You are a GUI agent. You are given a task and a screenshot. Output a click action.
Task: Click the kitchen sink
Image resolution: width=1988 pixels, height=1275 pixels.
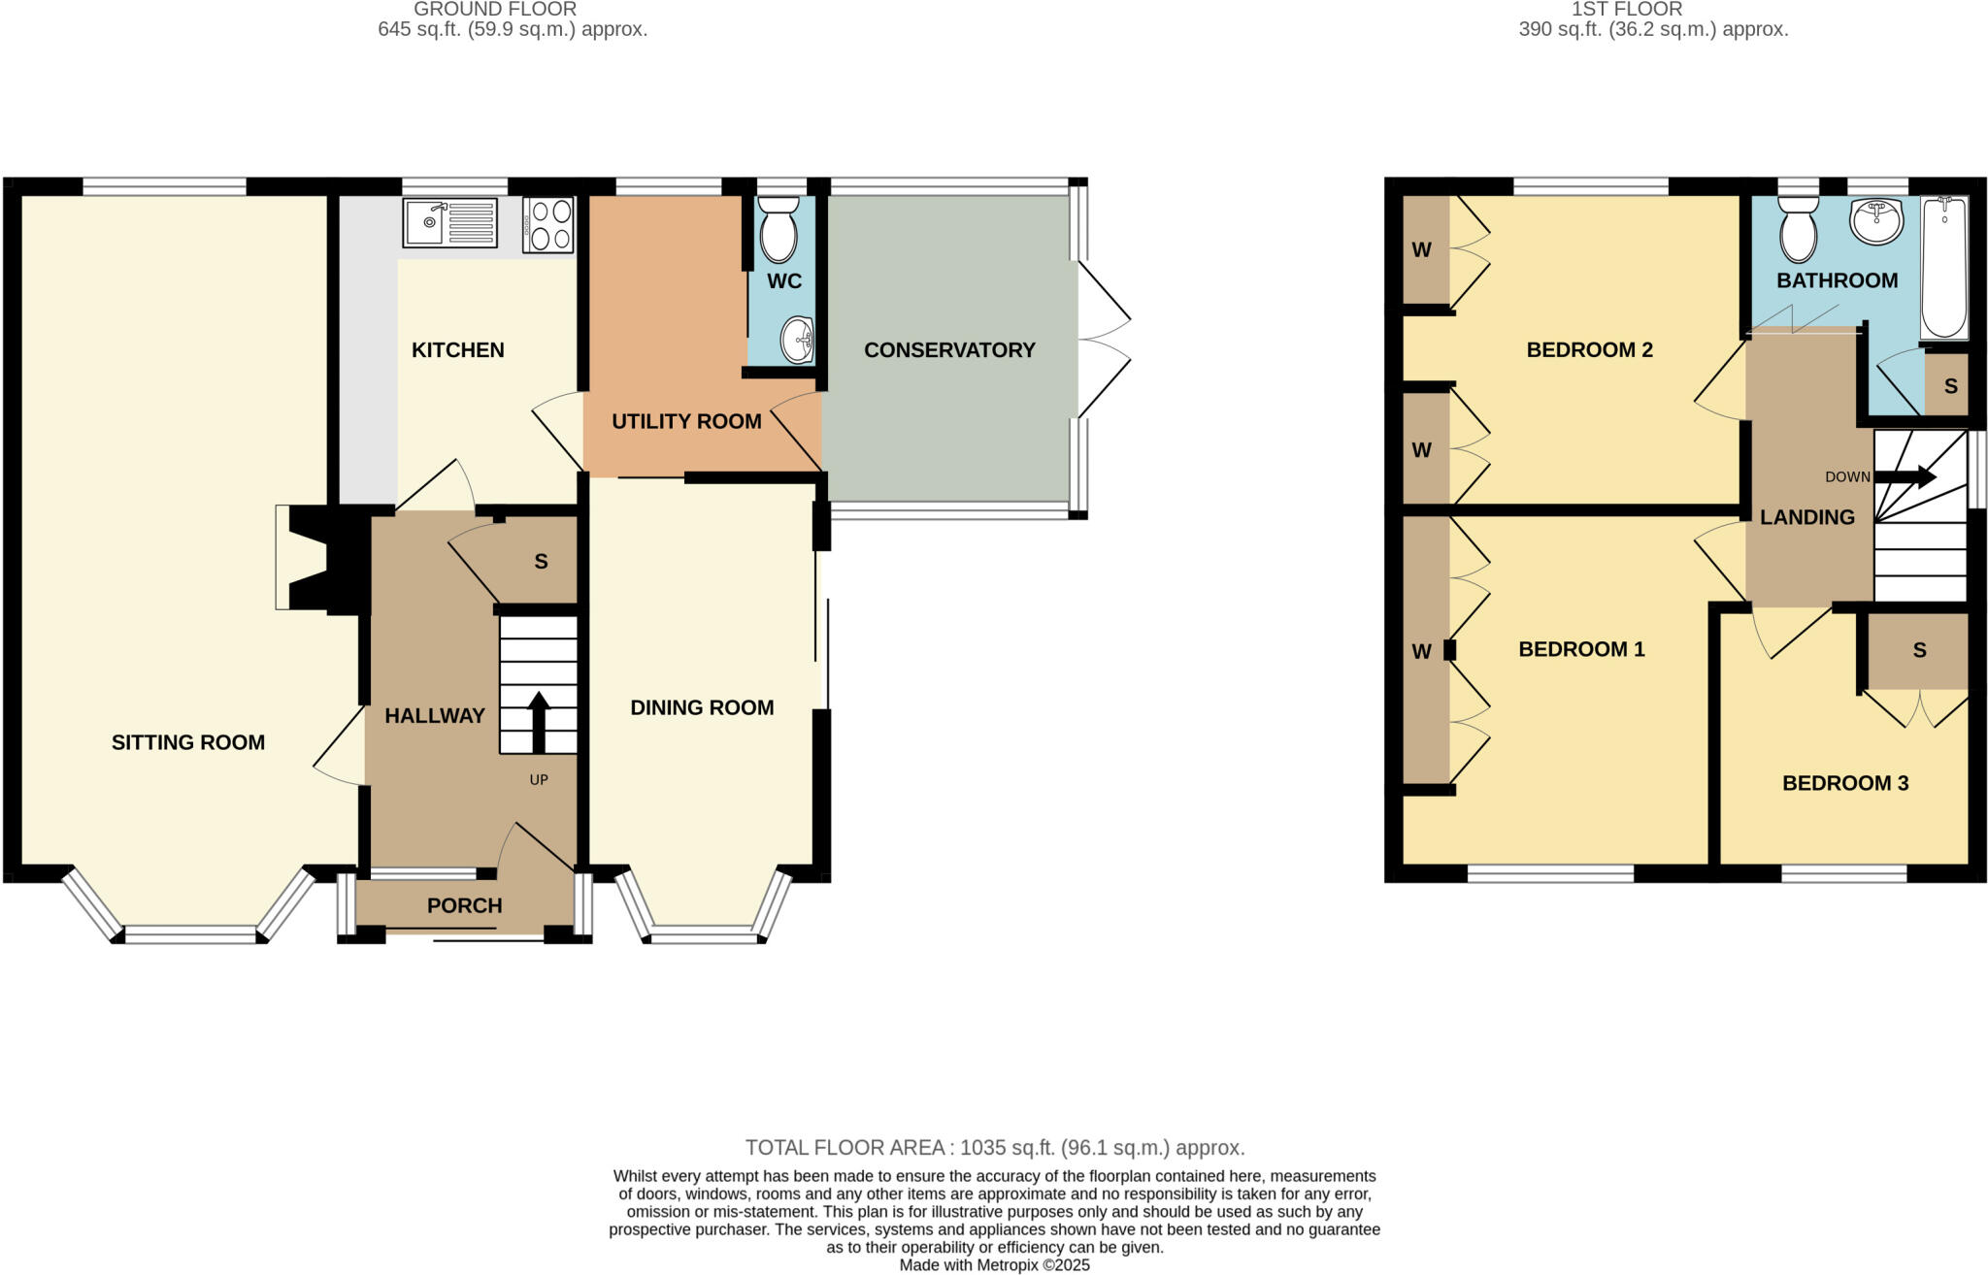pos(449,223)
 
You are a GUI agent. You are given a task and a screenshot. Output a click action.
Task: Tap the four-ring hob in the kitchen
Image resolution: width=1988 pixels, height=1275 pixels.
pos(548,225)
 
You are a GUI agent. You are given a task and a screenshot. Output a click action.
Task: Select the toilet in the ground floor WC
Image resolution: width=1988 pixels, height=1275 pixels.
pos(779,230)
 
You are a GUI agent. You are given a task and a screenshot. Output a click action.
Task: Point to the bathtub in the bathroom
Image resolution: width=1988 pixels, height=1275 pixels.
pos(1944,269)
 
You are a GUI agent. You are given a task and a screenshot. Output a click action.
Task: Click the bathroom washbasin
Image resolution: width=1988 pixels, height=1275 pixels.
pos(1876,221)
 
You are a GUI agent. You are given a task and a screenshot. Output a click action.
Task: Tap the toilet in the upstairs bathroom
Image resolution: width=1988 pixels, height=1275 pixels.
pos(1798,230)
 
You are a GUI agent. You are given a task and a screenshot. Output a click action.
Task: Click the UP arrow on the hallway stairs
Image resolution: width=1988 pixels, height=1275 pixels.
pos(539,720)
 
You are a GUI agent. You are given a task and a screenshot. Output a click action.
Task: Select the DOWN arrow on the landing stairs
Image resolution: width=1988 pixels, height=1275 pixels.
pos(1905,476)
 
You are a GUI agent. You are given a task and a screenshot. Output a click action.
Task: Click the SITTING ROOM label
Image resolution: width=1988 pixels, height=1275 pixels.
pos(187,742)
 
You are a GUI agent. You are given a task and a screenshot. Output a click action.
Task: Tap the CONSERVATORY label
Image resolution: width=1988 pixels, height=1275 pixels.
pos(949,350)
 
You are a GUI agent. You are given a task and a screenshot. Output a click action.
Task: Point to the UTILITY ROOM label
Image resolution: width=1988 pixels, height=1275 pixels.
pos(686,421)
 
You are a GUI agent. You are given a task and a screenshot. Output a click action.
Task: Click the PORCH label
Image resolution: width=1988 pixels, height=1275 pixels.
pos(464,905)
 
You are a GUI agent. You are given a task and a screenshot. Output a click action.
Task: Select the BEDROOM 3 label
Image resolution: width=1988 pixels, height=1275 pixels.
pos(1844,783)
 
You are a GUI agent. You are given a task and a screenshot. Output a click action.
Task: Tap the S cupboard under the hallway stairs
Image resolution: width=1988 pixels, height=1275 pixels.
pos(540,562)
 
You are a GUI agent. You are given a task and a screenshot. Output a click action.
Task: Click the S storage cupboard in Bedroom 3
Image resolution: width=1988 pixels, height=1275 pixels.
pos(1918,650)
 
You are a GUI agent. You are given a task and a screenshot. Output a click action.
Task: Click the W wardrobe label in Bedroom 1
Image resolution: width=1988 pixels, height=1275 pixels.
pos(1421,651)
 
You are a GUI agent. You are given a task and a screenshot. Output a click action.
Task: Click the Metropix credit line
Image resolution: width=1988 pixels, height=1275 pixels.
pos(994,1265)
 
